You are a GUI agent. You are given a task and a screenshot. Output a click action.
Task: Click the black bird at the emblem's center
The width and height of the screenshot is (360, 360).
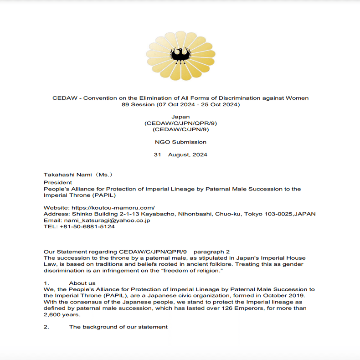180,56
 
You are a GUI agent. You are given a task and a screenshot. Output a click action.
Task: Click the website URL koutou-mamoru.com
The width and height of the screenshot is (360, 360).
113,208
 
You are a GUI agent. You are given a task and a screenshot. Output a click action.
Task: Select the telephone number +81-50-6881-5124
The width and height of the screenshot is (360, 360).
87,227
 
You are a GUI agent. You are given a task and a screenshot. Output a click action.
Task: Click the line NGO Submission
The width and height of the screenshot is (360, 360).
180,142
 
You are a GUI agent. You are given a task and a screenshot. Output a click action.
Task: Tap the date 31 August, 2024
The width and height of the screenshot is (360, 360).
180,155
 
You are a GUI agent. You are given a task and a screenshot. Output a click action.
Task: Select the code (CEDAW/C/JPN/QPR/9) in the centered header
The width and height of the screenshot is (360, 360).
180,123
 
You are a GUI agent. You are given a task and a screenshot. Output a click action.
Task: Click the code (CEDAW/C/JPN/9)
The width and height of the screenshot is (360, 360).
180,129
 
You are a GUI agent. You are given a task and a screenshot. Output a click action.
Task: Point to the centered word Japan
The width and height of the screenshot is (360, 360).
180,117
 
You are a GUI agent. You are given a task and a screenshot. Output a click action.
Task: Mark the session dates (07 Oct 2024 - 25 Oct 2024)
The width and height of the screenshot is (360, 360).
197,105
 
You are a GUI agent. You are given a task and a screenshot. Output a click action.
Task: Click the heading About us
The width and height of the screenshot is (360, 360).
82,283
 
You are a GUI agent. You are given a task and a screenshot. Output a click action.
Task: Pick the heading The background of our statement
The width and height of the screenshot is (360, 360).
118,327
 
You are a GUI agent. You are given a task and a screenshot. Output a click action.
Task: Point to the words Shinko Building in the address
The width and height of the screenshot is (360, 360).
87,214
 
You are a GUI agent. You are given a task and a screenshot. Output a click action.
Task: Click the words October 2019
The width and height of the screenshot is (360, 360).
290,295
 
